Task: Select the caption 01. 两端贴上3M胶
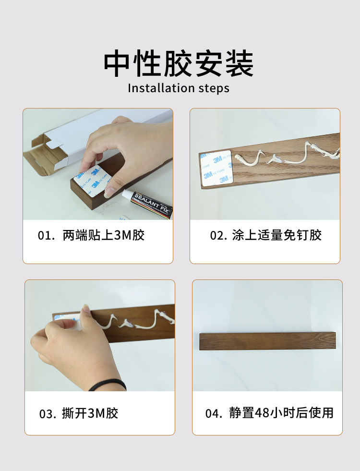[91, 235]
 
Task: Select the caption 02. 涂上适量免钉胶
[265, 235]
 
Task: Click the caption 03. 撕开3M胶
[79, 413]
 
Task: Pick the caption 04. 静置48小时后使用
[269, 413]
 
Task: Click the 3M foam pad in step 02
[216, 167]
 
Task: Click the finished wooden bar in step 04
[267, 341]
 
